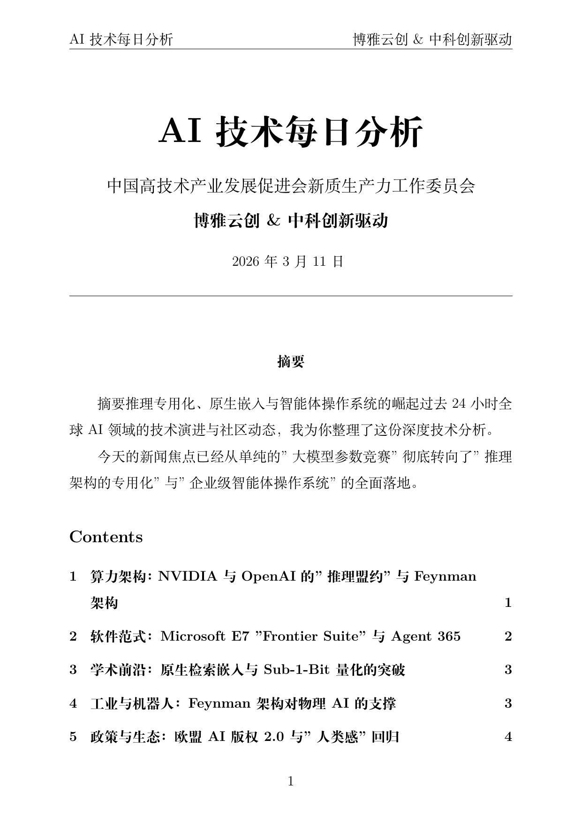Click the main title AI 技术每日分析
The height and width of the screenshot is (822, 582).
pos(291,132)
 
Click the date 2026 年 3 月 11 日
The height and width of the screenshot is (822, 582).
pos(287,262)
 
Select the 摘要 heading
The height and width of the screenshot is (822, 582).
pos(291,361)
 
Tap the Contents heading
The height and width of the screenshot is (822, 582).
pos(106,537)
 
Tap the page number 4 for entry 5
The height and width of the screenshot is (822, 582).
pos(508,737)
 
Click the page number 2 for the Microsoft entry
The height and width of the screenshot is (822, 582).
pos(508,636)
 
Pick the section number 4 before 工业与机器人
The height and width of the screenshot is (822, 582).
pos(73,703)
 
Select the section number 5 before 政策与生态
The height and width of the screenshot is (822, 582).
pos(73,737)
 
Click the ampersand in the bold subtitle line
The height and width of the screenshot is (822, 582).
pos(273,220)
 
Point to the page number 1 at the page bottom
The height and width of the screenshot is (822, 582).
pos(290,781)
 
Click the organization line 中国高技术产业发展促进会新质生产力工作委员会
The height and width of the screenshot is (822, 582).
pos(291,186)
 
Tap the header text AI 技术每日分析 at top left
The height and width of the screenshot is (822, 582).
pos(121,40)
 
